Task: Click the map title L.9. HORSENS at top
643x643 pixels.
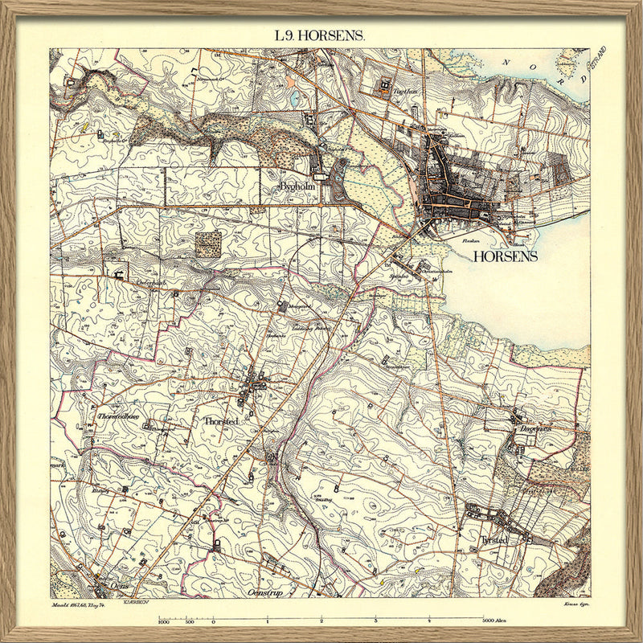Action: click(x=320, y=35)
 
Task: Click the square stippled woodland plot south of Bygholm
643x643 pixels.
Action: click(x=209, y=244)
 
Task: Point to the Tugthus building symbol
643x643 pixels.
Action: click(x=385, y=82)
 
